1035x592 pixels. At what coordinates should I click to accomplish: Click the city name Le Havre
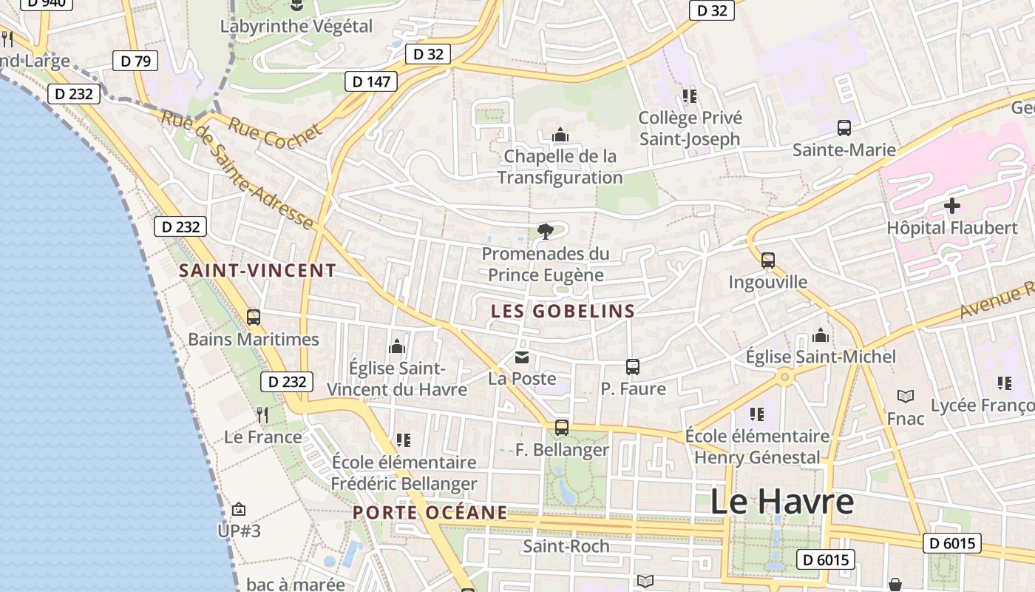tap(781, 502)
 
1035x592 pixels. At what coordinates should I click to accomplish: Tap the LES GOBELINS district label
tap(563, 312)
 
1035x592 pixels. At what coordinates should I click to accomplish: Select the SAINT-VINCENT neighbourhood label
tap(257, 271)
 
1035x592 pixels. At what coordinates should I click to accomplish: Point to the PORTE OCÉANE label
tap(430, 513)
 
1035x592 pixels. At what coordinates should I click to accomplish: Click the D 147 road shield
tap(371, 81)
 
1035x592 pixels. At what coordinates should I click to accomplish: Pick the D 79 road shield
tap(135, 61)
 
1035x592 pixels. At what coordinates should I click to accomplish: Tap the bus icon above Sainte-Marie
tap(844, 128)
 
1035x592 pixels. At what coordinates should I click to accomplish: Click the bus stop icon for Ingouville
tap(768, 260)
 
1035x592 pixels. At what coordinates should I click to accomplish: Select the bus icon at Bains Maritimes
tap(254, 317)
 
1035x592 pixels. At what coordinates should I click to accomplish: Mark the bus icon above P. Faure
tap(633, 366)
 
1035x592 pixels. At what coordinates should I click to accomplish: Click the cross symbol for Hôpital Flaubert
tap(952, 205)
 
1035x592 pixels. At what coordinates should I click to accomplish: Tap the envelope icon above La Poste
tap(522, 357)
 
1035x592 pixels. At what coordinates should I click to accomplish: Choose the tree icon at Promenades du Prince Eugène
tap(546, 232)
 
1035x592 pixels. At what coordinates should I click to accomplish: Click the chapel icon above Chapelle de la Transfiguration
tap(560, 135)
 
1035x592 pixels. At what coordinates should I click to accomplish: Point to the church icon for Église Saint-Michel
tap(821, 336)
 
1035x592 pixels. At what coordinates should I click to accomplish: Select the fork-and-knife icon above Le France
tap(262, 415)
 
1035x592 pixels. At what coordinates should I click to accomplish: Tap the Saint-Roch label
tap(566, 547)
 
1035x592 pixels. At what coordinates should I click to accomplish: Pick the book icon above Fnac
tap(906, 397)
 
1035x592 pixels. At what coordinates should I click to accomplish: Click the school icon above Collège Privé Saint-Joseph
tap(690, 96)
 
